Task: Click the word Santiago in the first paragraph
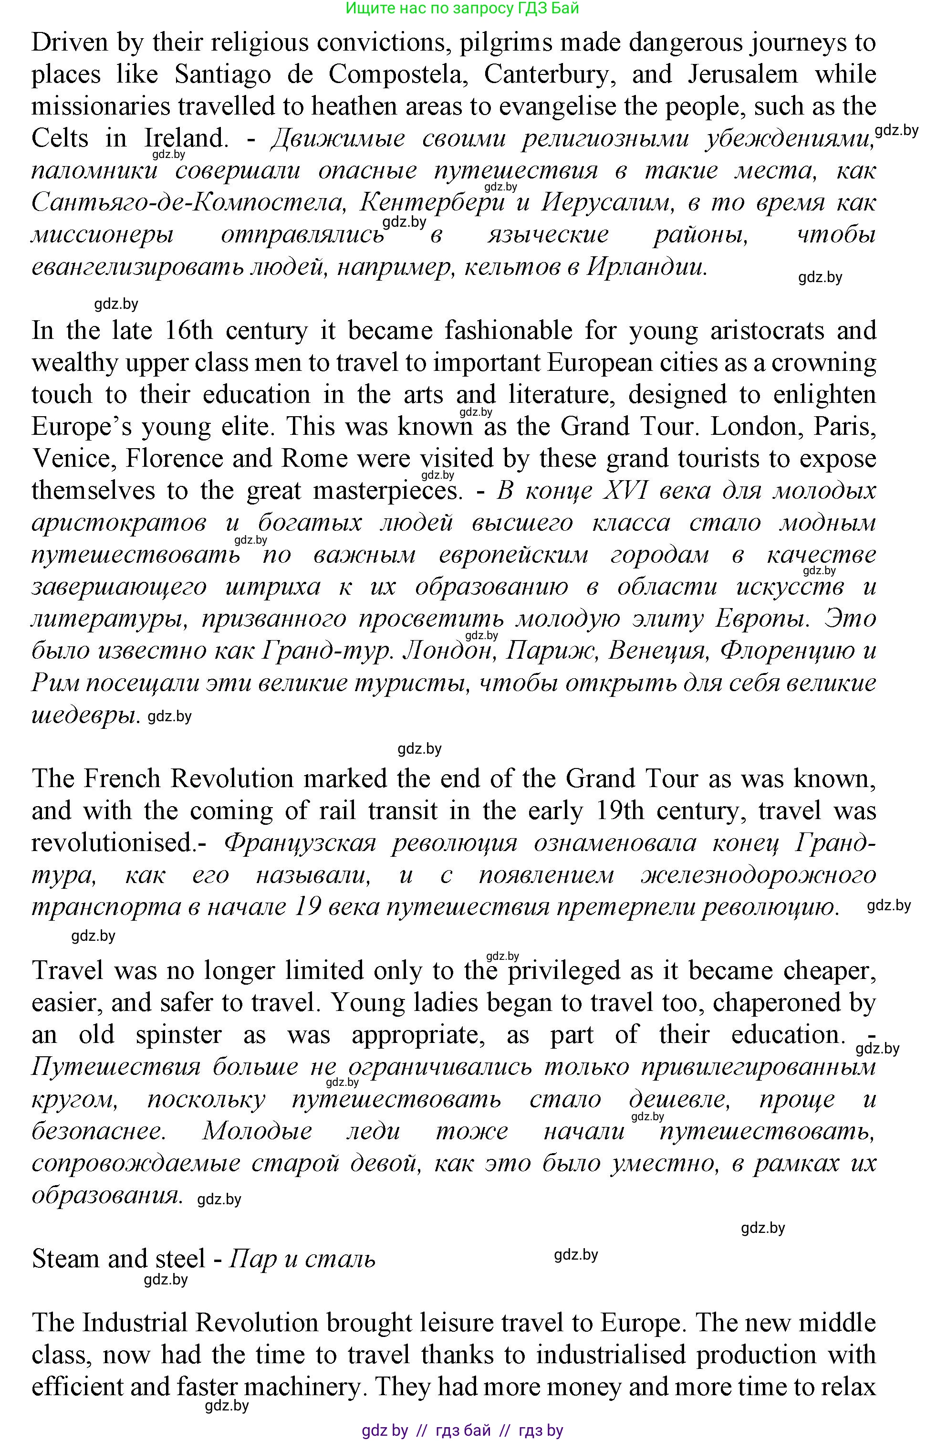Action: coord(222,74)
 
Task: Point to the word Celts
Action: coord(60,138)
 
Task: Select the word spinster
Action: coord(178,1034)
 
